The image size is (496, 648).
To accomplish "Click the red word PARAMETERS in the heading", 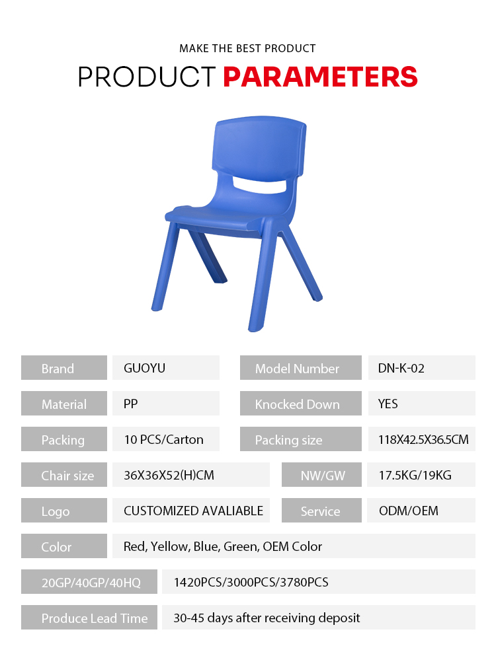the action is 320,77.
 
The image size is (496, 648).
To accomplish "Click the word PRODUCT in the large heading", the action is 147,77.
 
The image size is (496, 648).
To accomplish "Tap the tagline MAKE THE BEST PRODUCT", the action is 247,48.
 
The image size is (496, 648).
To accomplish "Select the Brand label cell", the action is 64,367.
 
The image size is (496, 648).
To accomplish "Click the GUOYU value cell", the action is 166,367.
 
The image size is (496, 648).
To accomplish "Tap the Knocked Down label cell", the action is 301,404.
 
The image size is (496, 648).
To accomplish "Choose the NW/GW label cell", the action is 321,474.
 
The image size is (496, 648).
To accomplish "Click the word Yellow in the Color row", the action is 169,546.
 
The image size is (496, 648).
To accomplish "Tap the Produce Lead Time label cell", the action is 89,618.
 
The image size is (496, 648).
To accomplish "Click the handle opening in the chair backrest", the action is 259,185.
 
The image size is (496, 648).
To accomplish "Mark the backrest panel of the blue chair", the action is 259,148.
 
